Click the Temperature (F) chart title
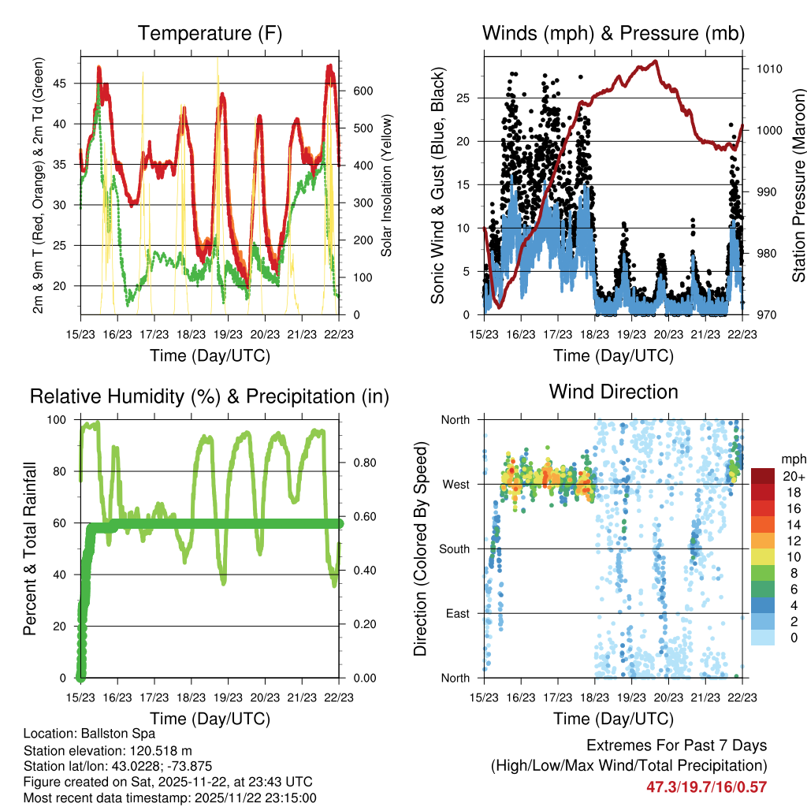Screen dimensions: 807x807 [209, 33]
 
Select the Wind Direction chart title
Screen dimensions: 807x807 [613, 392]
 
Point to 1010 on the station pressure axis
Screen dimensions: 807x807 [768, 69]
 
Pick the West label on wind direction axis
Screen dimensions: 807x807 [455, 484]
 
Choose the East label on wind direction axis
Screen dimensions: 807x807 [456, 613]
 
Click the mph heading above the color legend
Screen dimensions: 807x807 [792, 459]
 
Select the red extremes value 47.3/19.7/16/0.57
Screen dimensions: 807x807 [706, 787]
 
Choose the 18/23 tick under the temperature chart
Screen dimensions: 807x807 [192, 333]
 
